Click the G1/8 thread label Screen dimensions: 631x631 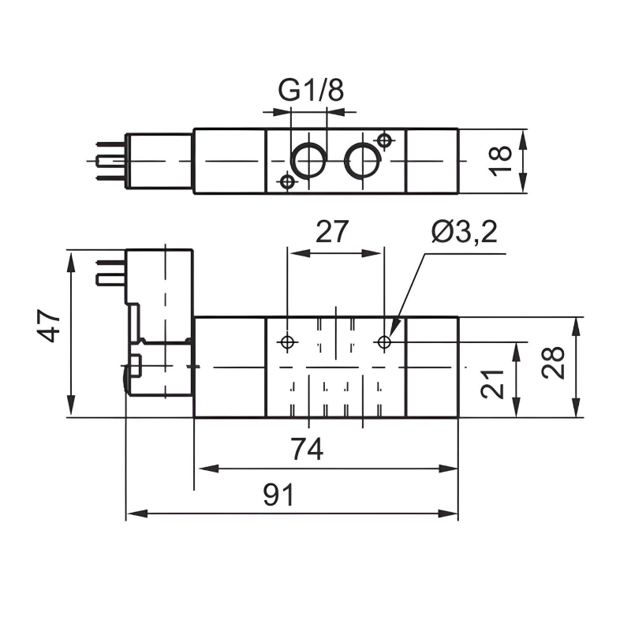pyautogui.click(x=311, y=91)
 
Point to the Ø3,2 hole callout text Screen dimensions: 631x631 pyautogui.click(x=465, y=233)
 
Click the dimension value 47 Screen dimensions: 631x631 pyautogui.click(x=50, y=326)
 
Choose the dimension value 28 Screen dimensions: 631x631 pyautogui.click(x=555, y=363)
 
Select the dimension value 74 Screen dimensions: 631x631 pyautogui.click(x=306, y=450)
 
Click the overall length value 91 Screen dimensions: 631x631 pyautogui.click(x=278, y=495)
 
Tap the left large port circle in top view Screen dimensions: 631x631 pyautogui.click(x=308, y=161)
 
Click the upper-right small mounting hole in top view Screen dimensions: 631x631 pyautogui.click(x=384, y=141)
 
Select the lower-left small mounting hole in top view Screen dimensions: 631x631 pyautogui.click(x=287, y=182)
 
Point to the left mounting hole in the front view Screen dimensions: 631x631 pyautogui.click(x=287, y=342)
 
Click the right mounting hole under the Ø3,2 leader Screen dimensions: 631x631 pyautogui.click(x=384, y=342)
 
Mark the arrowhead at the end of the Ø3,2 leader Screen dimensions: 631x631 pyautogui.click(x=394, y=327)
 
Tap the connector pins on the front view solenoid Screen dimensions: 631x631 pyautogui.click(x=110, y=271)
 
